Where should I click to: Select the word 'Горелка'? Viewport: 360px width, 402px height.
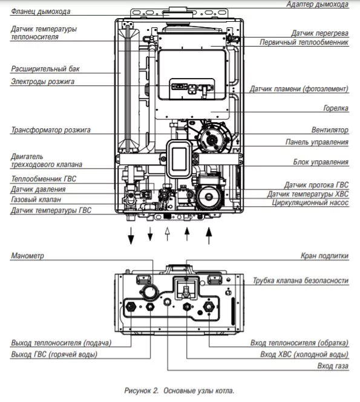[336, 109]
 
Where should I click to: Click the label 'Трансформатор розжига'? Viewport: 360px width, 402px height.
[50, 130]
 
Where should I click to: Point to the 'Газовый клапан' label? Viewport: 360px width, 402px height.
[36, 199]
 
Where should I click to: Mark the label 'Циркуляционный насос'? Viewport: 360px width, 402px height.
[310, 203]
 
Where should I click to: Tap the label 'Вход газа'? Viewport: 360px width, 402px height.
[333, 366]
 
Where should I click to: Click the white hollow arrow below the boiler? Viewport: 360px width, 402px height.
[168, 234]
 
